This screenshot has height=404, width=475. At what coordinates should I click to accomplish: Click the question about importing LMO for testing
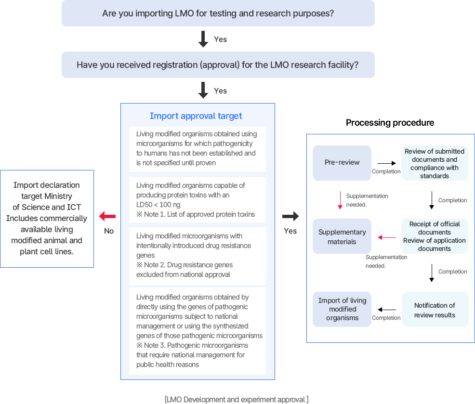pyautogui.click(x=218, y=13)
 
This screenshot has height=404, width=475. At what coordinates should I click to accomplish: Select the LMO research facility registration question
pyautogui.click(x=218, y=65)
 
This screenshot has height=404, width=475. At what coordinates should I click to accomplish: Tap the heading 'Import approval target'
pyautogui.click(x=196, y=116)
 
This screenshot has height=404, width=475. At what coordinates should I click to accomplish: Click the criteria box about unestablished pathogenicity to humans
pyautogui.click(x=197, y=148)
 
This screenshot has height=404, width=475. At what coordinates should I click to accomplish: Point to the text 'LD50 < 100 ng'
pyautogui.click(x=159, y=205)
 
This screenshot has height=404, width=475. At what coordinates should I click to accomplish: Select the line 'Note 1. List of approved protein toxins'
pyautogui.click(x=196, y=214)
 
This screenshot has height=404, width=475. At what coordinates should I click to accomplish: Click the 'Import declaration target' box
pyautogui.click(x=47, y=218)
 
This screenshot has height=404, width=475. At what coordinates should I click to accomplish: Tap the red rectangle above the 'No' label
pyautogui.click(x=107, y=216)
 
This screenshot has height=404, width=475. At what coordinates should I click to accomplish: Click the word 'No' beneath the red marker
pyautogui.click(x=109, y=231)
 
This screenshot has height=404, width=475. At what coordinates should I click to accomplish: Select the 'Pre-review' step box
pyautogui.click(x=342, y=162)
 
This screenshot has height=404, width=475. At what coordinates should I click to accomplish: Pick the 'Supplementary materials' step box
pyautogui.click(x=342, y=236)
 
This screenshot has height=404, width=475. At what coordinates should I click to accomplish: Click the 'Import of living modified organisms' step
pyautogui.click(x=342, y=309)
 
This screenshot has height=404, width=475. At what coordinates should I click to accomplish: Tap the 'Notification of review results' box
pyautogui.click(x=435, y=310)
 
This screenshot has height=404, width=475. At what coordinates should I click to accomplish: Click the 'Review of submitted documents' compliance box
pyautogui.click(x=435, y=163)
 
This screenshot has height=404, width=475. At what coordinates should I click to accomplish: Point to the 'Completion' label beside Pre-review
pyautogui.click(x=386, y=171)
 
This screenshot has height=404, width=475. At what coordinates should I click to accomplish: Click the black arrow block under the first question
pyautogui.click(x=203, y=39)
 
